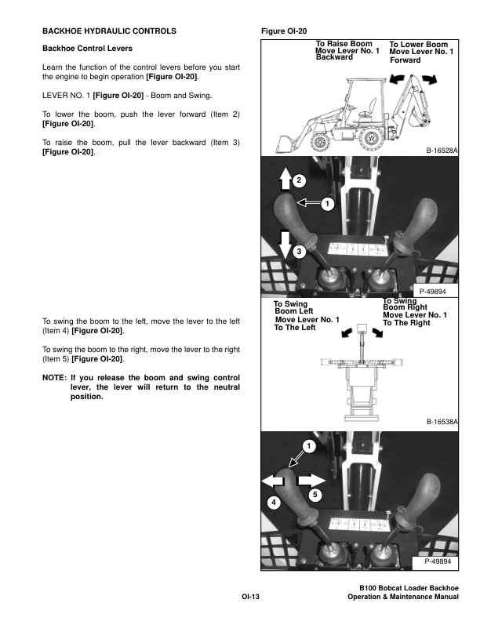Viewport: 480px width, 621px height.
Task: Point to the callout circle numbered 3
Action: tap(298, 252)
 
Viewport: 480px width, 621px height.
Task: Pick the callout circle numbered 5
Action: tap(313, 495)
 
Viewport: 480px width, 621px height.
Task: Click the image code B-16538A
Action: tap(442, 421)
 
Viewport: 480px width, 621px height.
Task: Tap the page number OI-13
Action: tap(250, 597)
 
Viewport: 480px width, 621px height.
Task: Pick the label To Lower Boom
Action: tap(418, 45)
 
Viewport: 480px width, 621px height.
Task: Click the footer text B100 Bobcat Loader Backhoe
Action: tap(408, 589)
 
